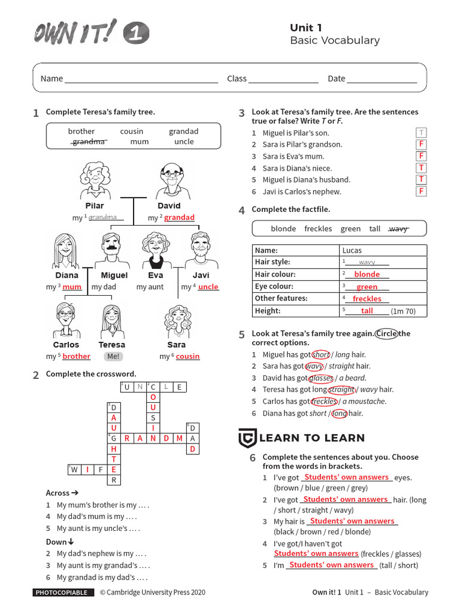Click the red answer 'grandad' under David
(x=179, y=218)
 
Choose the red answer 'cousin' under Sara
(x=187, y=357)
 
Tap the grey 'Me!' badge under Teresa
(x=113, y=356)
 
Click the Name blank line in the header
(x=141, y=78)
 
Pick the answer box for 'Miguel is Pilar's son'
(x=421, y=133)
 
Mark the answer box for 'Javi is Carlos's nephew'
(x=421, y=192)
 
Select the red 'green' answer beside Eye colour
(x=367, y=287)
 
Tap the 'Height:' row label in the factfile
(x=268, y=311)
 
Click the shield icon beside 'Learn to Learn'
(x=247, y=438)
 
